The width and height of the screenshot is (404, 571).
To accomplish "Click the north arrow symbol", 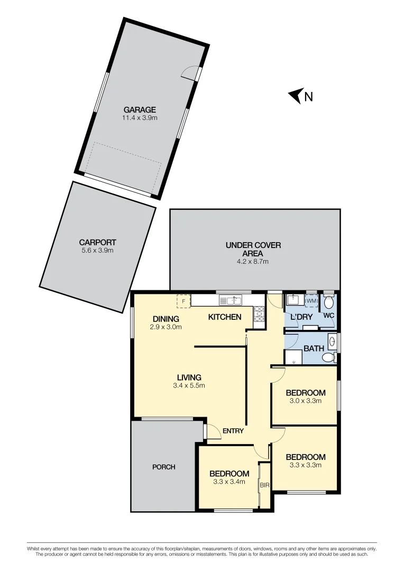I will (295, 96).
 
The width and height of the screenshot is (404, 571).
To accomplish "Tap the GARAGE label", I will (140, 110).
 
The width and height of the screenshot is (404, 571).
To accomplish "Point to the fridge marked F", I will (183, 301).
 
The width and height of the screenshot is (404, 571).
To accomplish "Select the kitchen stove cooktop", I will (259, 315).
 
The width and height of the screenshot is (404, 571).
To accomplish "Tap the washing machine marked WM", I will (311, 301).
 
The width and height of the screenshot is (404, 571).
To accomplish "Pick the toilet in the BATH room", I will (328, 358).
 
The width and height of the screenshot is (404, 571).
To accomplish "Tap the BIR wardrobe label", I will (264, 484).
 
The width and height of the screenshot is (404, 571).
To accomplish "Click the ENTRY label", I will (233, 431).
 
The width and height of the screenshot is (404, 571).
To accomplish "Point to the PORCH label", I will (163, 467).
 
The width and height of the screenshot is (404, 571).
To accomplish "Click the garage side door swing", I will (190, 73).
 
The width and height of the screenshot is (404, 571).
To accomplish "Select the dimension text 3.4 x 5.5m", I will (189, 385).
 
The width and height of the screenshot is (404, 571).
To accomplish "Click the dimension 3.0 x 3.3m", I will (305, 401).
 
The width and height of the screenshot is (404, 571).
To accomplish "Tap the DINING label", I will (166, 319).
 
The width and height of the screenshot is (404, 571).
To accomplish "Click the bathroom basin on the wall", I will (332, 341).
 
